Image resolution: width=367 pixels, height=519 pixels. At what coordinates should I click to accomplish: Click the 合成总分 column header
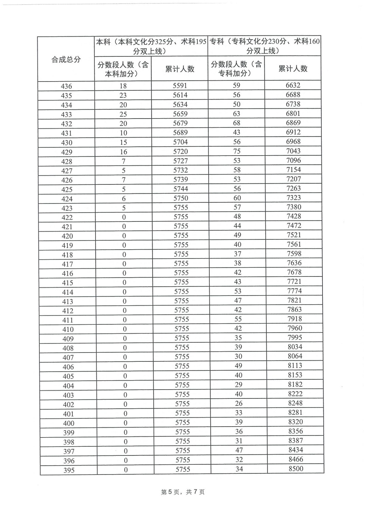point(66,59)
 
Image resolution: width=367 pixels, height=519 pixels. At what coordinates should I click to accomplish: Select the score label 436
point(66,86)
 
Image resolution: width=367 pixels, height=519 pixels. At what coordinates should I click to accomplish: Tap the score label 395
point(69,470)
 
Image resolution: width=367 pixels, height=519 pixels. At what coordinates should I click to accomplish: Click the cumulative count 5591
point(180,86)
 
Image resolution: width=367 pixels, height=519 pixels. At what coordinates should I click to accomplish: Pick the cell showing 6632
point(293,85)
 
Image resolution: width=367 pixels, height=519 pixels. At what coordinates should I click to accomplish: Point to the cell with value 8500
point(295,469)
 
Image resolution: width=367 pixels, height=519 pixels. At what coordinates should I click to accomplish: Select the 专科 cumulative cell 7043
point(293,151)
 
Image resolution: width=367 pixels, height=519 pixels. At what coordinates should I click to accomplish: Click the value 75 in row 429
point(237,151)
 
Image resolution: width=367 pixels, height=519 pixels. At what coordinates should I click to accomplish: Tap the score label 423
point(67,208)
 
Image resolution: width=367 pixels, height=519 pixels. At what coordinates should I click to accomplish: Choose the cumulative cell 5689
point(180,132)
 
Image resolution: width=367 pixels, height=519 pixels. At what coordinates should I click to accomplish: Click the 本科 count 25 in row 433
point(123,114)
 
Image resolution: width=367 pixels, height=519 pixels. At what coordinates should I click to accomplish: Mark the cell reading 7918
point(294,319)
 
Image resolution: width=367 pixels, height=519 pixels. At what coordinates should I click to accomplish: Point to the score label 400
point(68,423)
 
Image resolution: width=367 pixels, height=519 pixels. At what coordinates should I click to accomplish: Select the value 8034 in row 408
point(295,347)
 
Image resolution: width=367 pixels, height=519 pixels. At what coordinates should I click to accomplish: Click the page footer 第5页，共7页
point(183,492)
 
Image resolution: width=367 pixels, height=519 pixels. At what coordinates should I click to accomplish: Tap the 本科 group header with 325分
point(151,46)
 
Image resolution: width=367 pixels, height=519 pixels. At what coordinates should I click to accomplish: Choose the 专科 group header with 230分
point(264,46)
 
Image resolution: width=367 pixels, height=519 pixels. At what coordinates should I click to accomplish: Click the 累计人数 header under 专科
point(293,69)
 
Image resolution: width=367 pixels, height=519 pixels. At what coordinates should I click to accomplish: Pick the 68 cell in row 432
point(237,123)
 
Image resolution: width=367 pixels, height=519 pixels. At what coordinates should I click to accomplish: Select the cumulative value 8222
point(295,394)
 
